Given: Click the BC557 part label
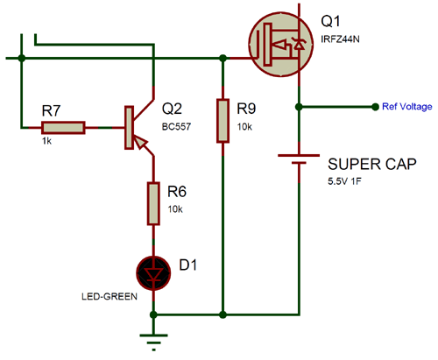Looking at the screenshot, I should (x=177, y=126).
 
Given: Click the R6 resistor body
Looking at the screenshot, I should (x=154, y=203).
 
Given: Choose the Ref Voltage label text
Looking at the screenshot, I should (x=407, y=106).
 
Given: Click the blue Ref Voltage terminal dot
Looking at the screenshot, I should (x=377, y=106).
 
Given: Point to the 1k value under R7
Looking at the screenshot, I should (x=47, y=141).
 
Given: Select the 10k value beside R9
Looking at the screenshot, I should (x=244, y=127).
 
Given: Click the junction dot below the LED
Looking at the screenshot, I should (x=154, y=313).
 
